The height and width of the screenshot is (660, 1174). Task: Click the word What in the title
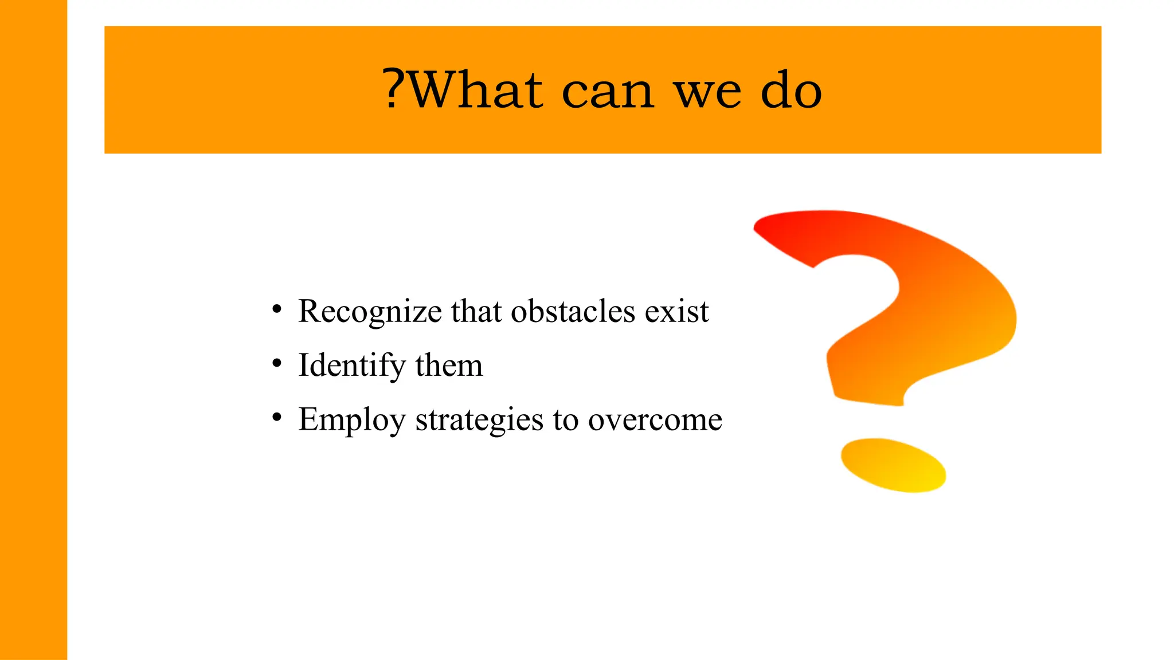point(475,90)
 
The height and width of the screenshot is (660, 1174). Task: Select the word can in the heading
point(608,92)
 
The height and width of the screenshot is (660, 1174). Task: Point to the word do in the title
point(792,90)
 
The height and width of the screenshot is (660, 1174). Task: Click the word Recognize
point(370,312)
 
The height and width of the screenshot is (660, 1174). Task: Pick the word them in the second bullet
point(449,366)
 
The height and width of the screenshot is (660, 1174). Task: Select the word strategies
point(479,420)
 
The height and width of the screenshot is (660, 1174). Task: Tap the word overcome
point(655,420)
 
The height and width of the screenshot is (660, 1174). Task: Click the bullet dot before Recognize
point(277,309)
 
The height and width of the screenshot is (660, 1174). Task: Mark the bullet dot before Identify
point(277,363)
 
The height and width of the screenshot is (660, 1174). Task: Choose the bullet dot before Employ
point(277,418)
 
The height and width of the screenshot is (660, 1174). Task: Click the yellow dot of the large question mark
point(893,465)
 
